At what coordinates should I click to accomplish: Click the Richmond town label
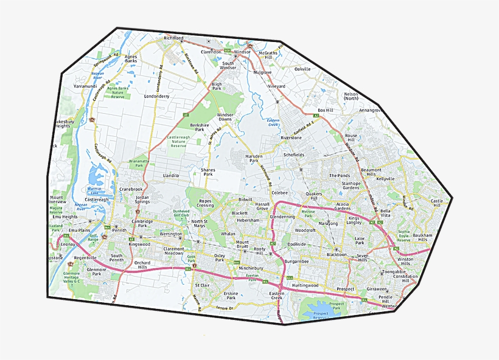[173, 38]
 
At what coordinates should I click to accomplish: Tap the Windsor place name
[242, 52]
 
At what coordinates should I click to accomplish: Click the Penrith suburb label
[119, 230]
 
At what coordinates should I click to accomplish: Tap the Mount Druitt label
[242, 245]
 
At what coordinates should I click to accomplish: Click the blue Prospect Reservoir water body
[321, 313]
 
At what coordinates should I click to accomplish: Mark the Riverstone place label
[291, 138]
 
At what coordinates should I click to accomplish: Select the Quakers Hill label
[314, 196]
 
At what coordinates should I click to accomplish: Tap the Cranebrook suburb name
[131, 189]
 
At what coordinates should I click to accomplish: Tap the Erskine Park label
[231, 296]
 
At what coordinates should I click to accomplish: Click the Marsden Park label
[253, 159]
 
